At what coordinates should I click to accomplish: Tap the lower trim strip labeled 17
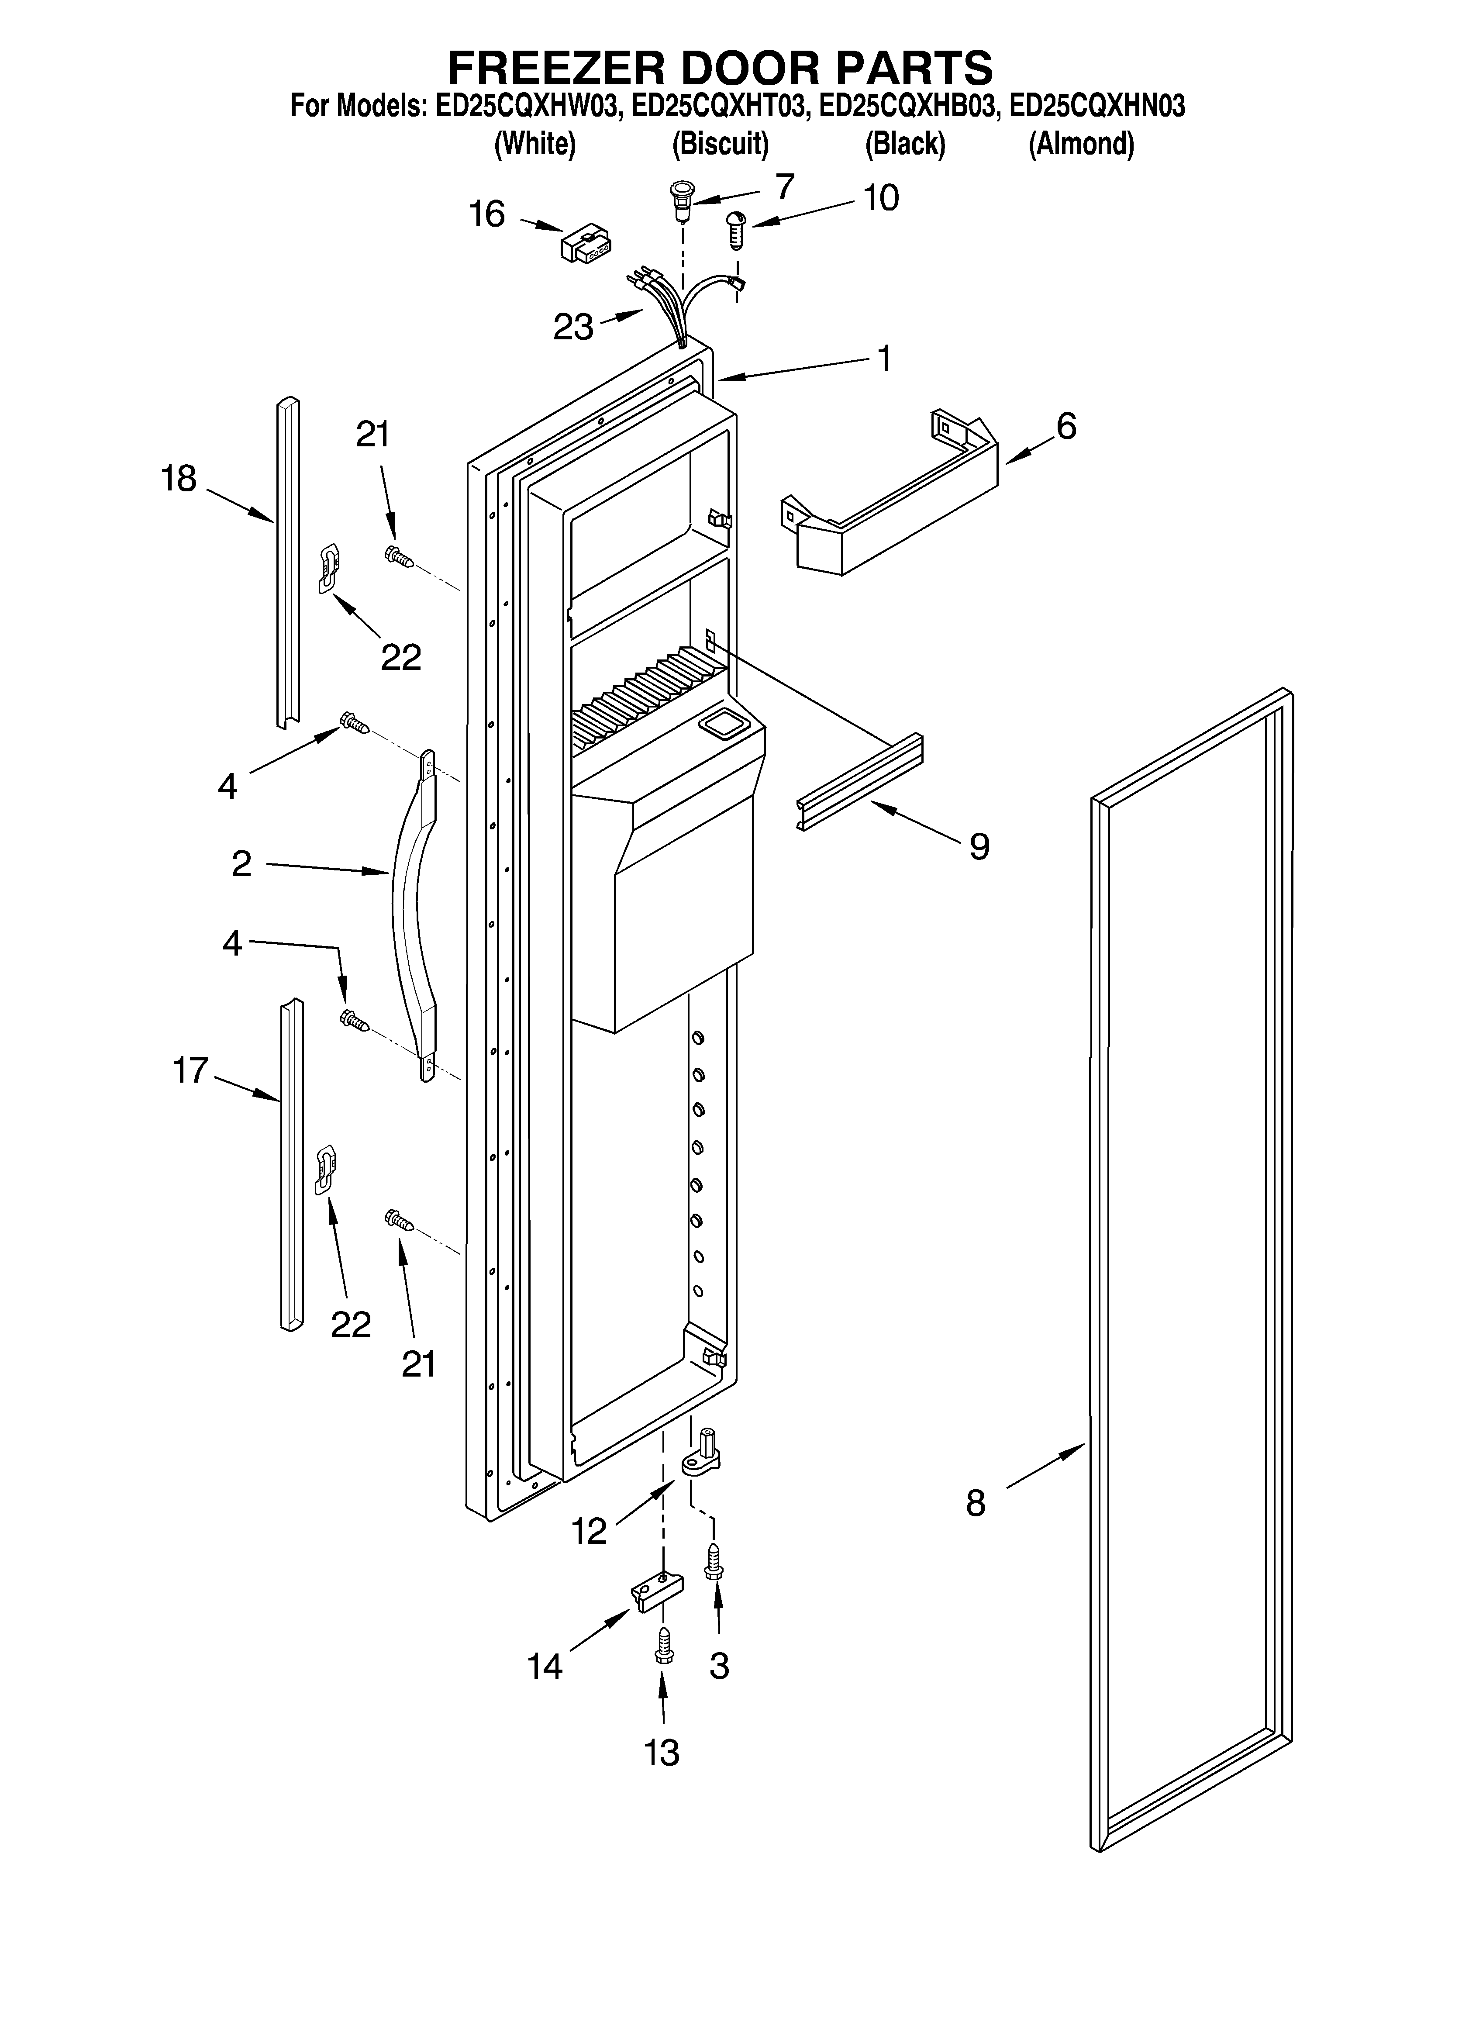pyautogui.click(x=291, y=1166)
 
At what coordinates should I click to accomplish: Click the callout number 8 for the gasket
pyautogui.click(x=976, y=1504)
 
